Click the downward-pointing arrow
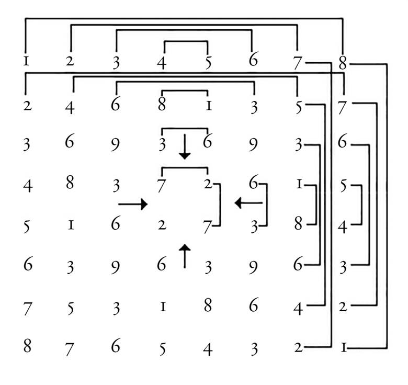(x=184, y=147)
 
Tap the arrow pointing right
(x=133, y=203)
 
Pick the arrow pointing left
(x=248, y=202)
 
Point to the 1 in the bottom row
(x=343, y=346)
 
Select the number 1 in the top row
(x=26, y=62)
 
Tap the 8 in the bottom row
(x=27, y=346)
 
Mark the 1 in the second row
(x=208, y=106)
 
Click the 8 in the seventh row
(x=208, y=305)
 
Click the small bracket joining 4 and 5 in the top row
(x=186, y=41)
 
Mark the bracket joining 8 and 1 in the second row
(x=185, y=91)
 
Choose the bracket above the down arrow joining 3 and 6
(x=185, y=128)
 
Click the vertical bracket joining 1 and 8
(x=316, y=205)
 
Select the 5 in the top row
(x=208, y=63)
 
